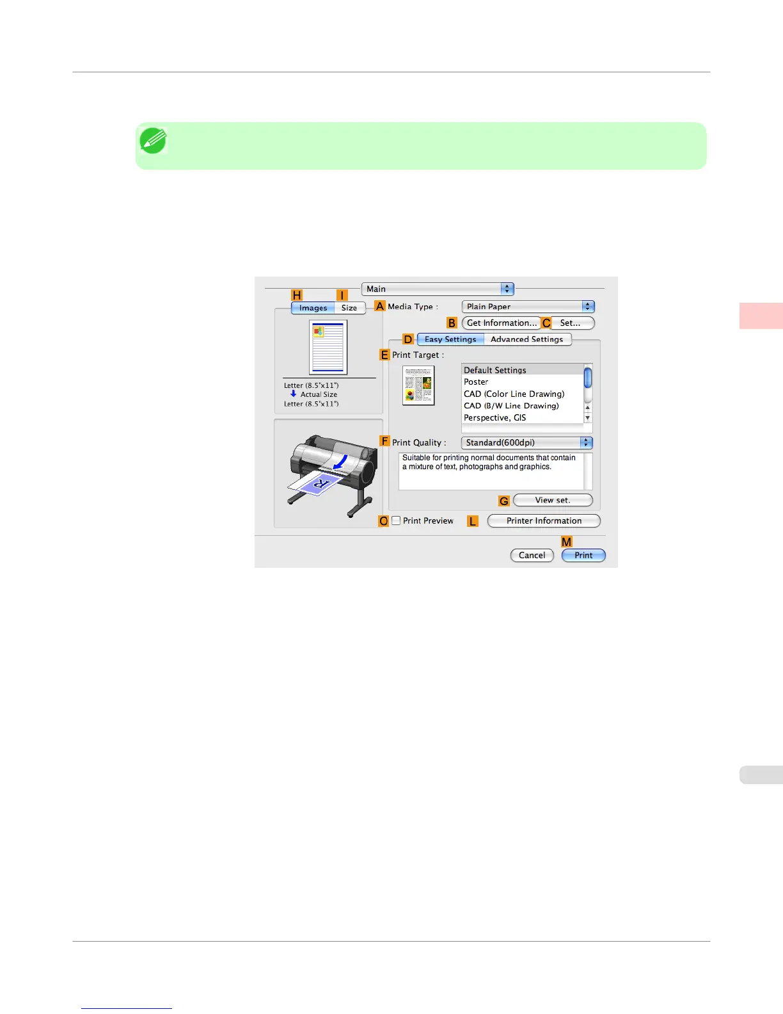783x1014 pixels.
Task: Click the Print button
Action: tap(583, 556)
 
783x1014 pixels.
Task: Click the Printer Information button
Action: tap(544, 521)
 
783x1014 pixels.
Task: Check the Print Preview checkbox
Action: tap(397, 521)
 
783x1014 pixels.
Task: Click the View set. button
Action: tap(553, 501)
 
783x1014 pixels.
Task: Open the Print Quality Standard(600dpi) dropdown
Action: tap(526, 443)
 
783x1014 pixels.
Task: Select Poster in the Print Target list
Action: tap(476, 382)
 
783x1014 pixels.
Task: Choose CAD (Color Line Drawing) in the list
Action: tap(514, 394)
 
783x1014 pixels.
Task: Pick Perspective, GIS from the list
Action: tap(494, 418)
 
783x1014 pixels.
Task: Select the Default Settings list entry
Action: tap(494, 371)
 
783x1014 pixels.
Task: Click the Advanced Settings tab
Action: tap(526, 339)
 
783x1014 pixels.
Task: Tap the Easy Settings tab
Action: tap(450, 339)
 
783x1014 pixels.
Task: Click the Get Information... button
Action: tap(502, 323)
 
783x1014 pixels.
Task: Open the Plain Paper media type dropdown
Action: tap(528, 307)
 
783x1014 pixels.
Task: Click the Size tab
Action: tap(349, 308)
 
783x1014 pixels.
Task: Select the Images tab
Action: tap(313, 308)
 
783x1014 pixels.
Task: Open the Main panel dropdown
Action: tap(438, 289)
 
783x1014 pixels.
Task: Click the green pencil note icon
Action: tap(154, 141)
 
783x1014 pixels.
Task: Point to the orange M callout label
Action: tap(567, 542)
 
